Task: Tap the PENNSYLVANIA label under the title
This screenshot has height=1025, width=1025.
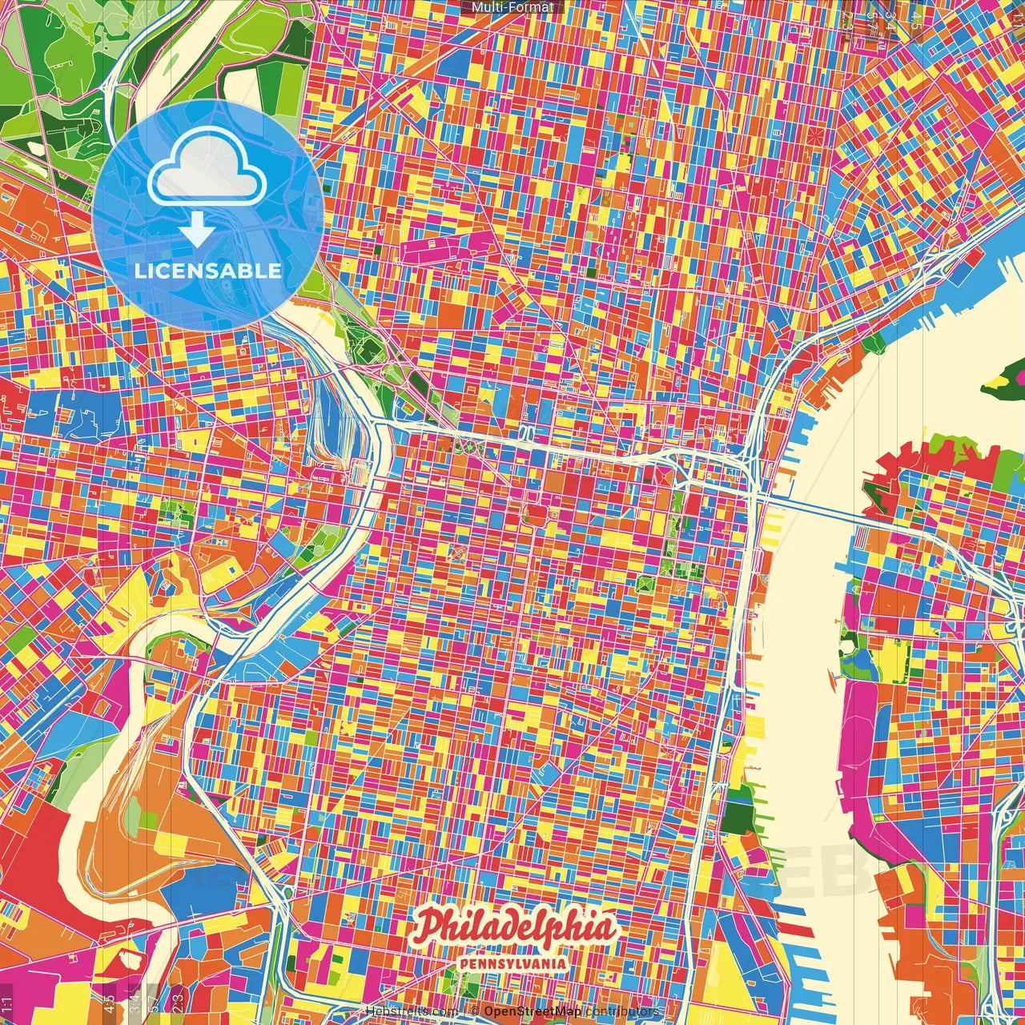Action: pyautogui.click(x=514, y=964)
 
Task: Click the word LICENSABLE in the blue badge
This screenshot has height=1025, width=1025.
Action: pyautogui.click(x=208, y=271)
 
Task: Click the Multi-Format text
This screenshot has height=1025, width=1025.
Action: pyautogui.click(x=512, y=7)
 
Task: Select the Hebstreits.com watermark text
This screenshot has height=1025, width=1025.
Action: pyautogui.click(x=412, y=1011)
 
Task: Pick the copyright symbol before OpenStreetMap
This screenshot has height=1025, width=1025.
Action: pyautogui.click(x=474, y=1011)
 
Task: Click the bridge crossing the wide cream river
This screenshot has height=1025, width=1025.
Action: pyautogui.click(x=809, y=510)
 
